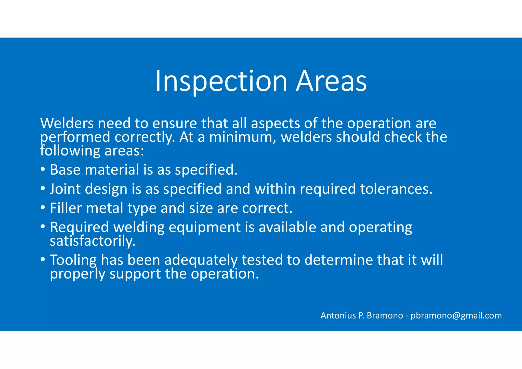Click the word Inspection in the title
pyautogui.click(x=221, y=81)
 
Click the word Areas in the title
pyautogui.click(x=331, y=81)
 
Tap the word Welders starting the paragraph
pyautogui.click(x=67, y=123)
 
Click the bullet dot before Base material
pyautogui.click(x=43, y=169)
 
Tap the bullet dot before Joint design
pyautogui.click(x=43, y=189)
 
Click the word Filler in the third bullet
pyautogui.click(x=66, y=208)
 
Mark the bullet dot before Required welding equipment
pyautogui.click(x=43, y=227)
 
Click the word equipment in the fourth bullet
pyautogui.click(x=204, y=227)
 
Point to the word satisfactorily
pyautogui.click(x=92, y=241)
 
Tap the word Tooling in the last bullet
pyautogui.click(x=73, y=260)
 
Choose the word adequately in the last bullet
pyautogui.click(x=201, y=260)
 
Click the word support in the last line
pyautogui.click(x=135, y=274)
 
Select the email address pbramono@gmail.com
pyautogui.click(x=456, y=315)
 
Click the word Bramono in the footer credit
pyautogui.click(x=385, y=315)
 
